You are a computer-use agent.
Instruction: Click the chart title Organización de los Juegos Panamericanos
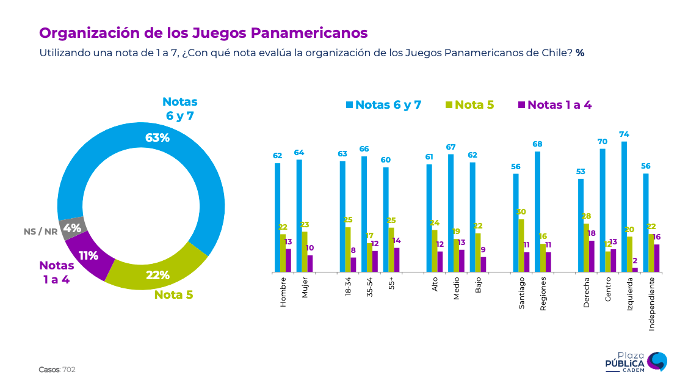203,32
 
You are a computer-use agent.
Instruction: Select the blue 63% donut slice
183,147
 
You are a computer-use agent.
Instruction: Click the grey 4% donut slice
73,228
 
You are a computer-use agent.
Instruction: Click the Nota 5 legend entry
469,104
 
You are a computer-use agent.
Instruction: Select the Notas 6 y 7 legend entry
383,104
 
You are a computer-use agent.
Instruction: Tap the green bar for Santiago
521,245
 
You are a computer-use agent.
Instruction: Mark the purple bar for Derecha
592,256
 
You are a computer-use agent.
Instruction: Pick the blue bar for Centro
603,210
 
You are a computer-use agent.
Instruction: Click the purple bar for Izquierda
635,269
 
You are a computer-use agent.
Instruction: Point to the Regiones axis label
543,294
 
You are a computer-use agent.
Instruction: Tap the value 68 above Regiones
537,144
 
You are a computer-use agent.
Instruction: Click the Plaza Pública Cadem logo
635,362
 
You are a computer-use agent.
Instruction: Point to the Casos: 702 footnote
57,370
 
